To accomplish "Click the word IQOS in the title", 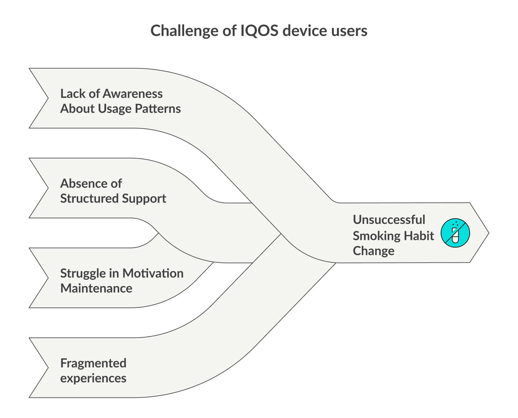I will [259, 31].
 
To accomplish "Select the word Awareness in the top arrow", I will [133, 94].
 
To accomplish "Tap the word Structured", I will [89, 198].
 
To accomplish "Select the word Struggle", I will [83, 273].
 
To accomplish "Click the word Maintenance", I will [96, 288].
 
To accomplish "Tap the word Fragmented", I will [93, 363].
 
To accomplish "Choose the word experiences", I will [93, 378].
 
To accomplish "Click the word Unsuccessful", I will [389, 220].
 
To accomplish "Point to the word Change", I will [373, 251].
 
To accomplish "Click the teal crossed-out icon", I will [455, 233].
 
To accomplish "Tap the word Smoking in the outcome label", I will [377, 236].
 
